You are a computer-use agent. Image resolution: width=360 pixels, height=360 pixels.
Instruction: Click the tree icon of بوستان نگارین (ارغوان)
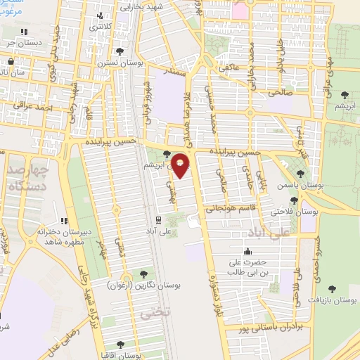144,274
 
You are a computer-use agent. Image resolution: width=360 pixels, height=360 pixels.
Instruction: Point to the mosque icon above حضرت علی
247,252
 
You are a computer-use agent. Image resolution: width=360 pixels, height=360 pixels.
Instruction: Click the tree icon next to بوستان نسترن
120,51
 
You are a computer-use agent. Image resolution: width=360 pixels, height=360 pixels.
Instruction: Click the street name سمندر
172,71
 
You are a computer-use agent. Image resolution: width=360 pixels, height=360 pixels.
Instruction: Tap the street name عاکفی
229,68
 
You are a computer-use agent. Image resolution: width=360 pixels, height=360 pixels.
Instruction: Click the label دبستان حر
22,41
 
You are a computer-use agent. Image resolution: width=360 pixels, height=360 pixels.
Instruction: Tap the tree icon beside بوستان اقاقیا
120,344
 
